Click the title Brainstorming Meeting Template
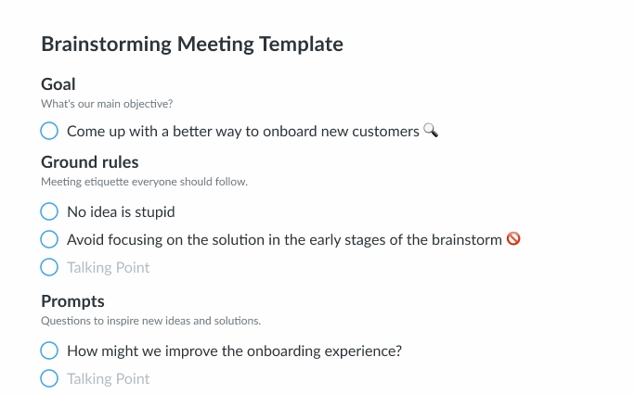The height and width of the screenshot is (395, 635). point(192,45)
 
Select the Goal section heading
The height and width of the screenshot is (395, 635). point(58,85)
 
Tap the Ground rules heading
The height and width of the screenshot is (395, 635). point(90,163)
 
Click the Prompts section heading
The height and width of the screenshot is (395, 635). point(72,301)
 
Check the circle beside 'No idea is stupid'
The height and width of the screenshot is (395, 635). point(50,212)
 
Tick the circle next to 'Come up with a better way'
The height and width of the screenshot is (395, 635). point(50,132)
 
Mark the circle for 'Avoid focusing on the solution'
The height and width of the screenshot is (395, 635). point(50,239)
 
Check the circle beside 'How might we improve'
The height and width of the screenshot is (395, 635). point(50,350)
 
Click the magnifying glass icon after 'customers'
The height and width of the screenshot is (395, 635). point(430,131)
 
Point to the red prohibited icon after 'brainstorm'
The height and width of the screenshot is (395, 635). point(512,239)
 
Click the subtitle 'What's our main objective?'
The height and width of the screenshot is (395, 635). point(107,104)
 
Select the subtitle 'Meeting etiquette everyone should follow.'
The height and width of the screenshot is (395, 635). point(144,182)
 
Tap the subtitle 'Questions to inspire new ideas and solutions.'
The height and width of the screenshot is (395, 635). point(150,321)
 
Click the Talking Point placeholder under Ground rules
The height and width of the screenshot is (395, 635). point(108,268)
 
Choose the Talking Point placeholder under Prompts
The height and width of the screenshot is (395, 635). point(108,378)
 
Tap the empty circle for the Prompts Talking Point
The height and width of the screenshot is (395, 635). point(50,378)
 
